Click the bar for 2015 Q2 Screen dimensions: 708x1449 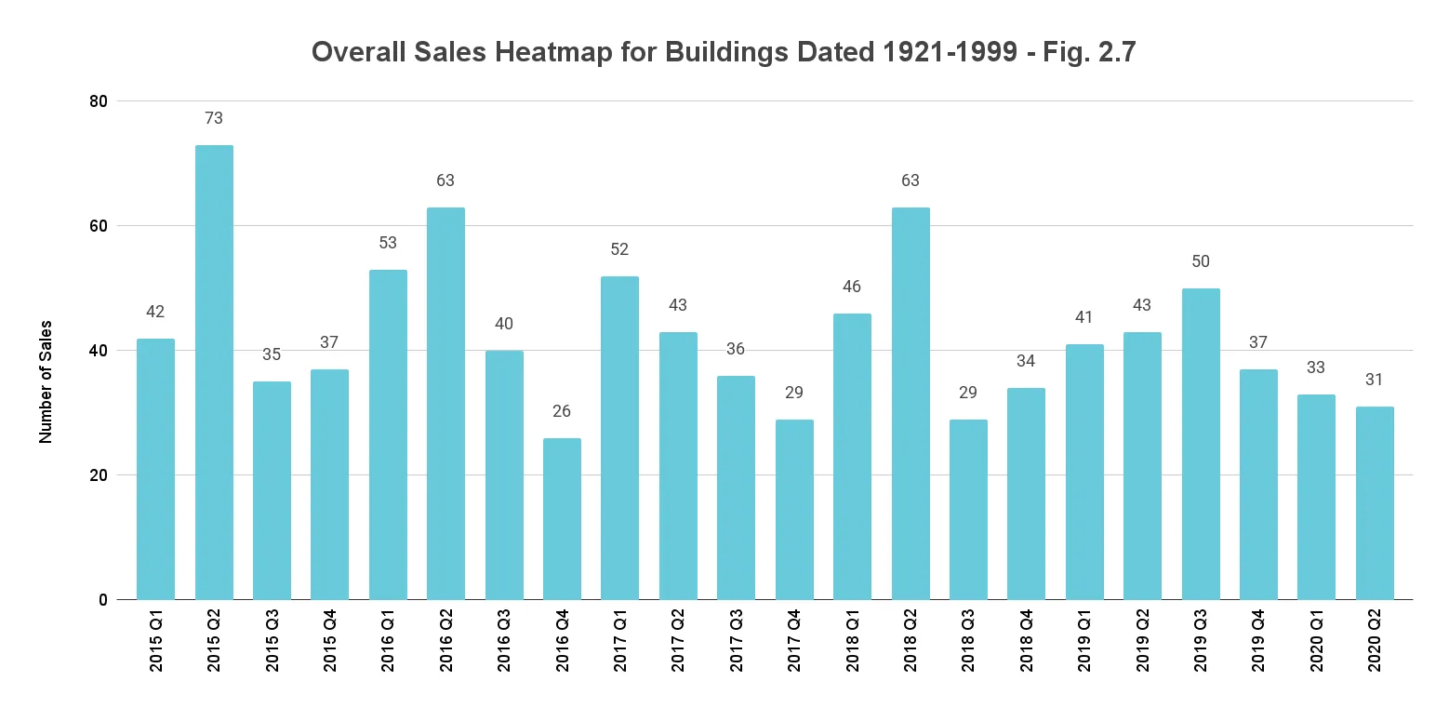click(214, 372)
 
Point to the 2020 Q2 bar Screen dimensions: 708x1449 click(1375, 502)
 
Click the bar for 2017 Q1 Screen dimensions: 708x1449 click(620, 437)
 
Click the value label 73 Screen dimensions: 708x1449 click(214, 118)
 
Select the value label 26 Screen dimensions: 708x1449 click(562, 411)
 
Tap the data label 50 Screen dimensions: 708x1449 click(1201, 261)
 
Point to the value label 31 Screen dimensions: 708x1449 click(1375, 380)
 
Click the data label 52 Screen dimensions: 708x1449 click(620, 249)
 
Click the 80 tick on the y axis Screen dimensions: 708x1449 click(98, 101)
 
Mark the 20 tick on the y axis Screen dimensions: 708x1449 click(98, 475)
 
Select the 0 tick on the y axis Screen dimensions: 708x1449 click(102, 600)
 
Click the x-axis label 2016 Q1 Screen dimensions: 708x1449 click(388, 642)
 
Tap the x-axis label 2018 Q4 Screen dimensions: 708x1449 click(1027, 642)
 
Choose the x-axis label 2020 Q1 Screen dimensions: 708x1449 click(1317, 642)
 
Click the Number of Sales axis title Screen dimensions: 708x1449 click(46, 381)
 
